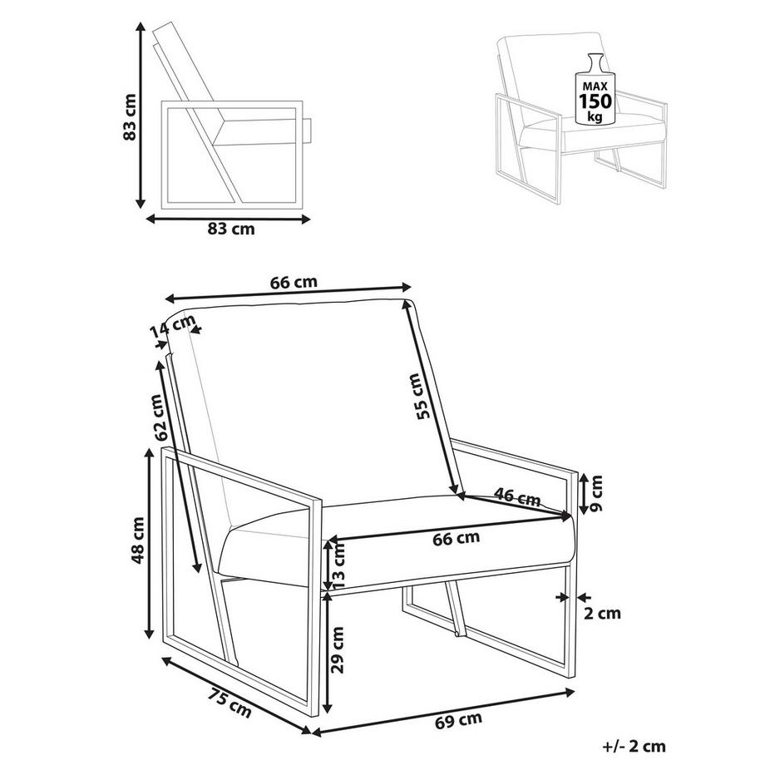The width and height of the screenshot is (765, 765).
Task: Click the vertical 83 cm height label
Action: point(130,117)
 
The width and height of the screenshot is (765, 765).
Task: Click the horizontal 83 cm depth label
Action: point(231,229)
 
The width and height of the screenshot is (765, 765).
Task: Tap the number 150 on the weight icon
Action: point(595,101)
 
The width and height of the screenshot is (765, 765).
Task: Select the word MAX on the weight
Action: point(595,86)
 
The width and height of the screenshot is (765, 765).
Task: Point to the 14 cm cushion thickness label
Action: point(172,327)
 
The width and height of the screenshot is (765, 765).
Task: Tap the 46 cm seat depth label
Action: point(517,497)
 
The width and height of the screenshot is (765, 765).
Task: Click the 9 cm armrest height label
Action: point(596,493)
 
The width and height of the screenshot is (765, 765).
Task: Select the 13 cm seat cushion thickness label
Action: point(338,565)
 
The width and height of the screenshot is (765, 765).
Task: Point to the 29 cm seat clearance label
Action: point(337,650)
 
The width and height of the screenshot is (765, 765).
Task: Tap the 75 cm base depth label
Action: point(230,703)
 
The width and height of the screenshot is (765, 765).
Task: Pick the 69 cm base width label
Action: point(459,719)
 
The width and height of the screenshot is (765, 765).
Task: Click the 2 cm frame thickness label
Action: point(603,613)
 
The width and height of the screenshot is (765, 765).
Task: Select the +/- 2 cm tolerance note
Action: point(634,746)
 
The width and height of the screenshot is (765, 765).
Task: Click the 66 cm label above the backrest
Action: point(294,282)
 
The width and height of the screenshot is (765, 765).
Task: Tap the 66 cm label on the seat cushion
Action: point(457,538)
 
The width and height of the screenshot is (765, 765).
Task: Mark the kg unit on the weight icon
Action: point(595,116)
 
